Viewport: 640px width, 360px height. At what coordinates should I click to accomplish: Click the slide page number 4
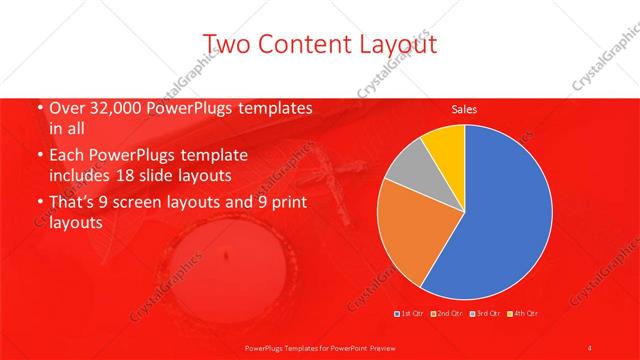pos(590,347)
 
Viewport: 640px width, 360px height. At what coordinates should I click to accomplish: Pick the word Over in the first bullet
pos(66,108)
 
